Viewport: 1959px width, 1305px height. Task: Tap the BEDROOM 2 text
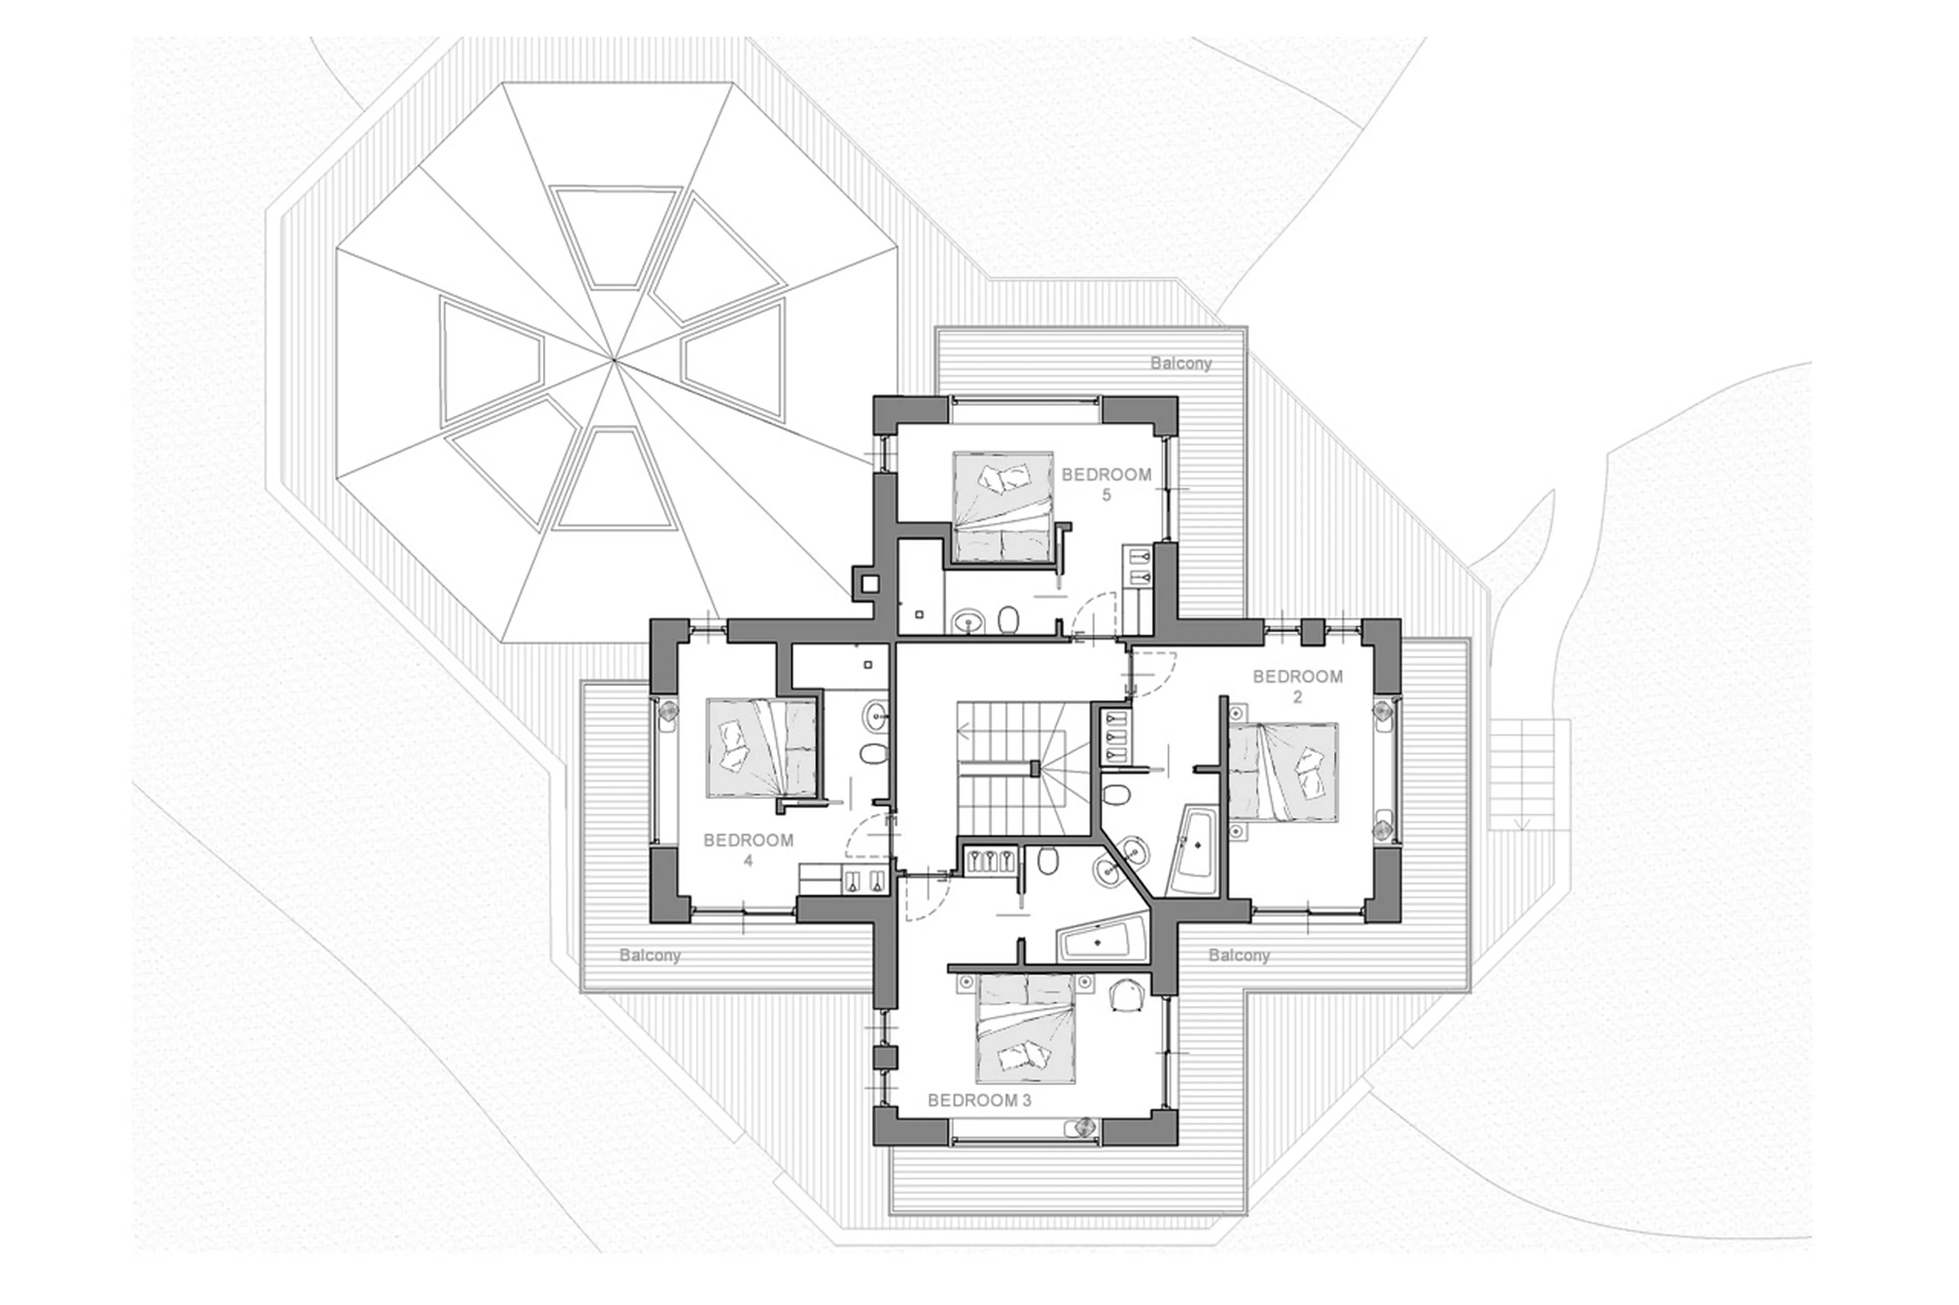(x=1297, y=686)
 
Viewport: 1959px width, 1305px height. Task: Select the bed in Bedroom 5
(x=1003, y=506)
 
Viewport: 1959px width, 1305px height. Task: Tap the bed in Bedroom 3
(x=1026, y=1028)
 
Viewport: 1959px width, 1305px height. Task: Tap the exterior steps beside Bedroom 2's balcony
(x=1521, y=775)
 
